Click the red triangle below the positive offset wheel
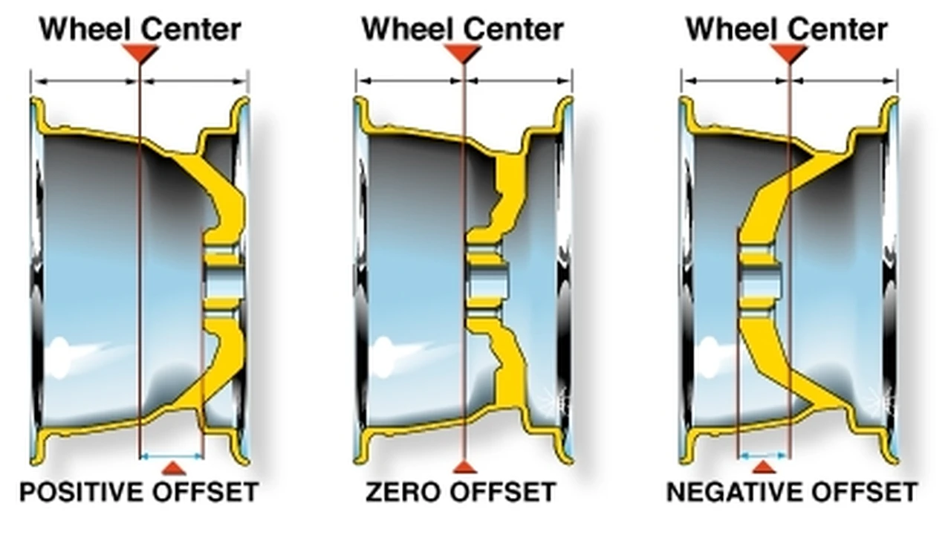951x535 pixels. point(174,468)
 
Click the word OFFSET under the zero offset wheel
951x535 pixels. point(503,493)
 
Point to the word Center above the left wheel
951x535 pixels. point(191,29)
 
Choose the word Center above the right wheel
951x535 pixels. point(837,29)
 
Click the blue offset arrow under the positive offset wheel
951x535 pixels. point(172,456)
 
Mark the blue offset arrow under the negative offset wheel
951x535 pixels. point(763,456)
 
